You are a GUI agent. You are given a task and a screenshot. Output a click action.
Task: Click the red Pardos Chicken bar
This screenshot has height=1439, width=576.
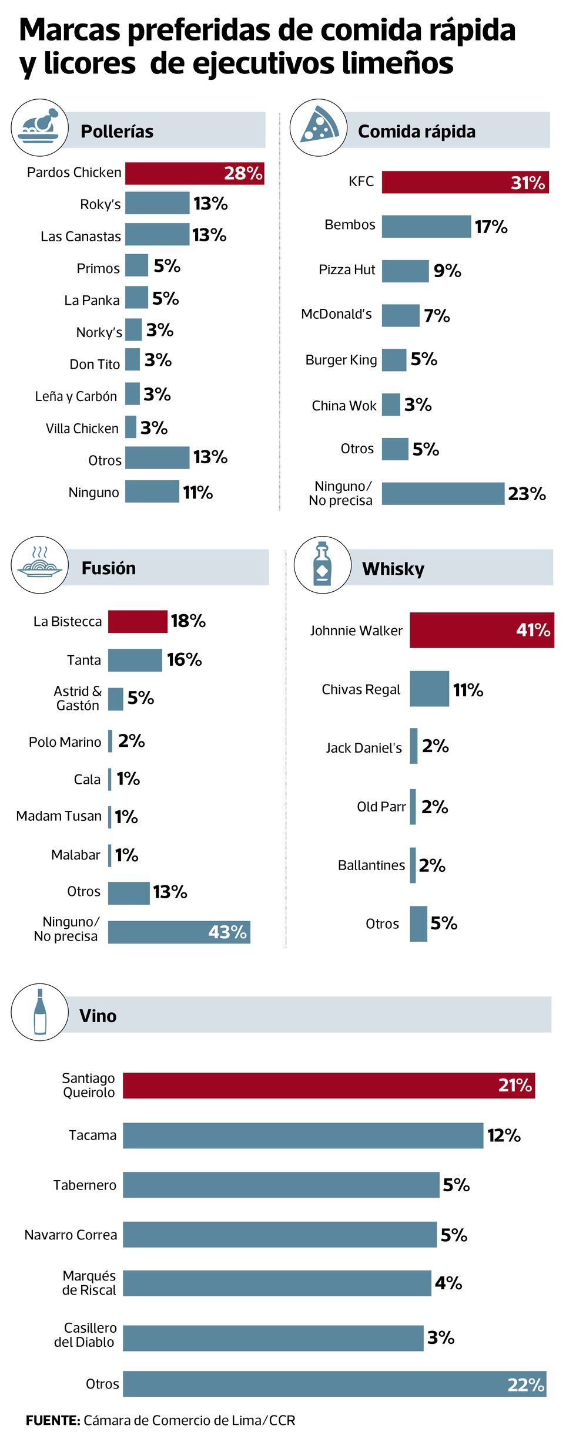pyautogui.click(x=194, y=173)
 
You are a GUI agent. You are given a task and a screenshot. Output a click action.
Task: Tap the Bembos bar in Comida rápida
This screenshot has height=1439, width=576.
pyautogui.click(x=426, y=227)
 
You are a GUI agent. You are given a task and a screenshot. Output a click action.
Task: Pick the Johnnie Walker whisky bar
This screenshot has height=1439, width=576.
pyautogui.click(x=481, y=630)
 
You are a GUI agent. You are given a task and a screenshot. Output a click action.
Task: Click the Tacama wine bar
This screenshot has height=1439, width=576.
pyautogui.click(x=303, y=1135)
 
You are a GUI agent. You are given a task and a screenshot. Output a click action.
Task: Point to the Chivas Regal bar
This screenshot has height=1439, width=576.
pyautogui.click(x=429, y=689)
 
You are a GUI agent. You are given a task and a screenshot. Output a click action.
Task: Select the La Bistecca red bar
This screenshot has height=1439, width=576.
pyautogui.click(x=138, y=621)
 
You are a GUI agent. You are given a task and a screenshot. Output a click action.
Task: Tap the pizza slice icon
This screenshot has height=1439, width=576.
pyautogui.click(x=318, y=126)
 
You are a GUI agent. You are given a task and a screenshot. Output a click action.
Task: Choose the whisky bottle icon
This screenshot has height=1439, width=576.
pyautogui.click(x=322, y=564)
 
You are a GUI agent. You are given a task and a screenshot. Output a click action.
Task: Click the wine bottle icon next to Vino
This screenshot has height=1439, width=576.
pyautogui.click(x=39, y=1012)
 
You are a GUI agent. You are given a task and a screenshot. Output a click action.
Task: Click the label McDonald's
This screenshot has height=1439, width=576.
pyautogui.click(x=336, y=314)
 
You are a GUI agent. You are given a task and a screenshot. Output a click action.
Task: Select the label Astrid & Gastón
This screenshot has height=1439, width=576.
pyautogui.click(x=78, y=698)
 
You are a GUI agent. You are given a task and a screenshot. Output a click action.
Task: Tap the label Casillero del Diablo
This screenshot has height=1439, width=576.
pyautogui.click(x=85, y=1334)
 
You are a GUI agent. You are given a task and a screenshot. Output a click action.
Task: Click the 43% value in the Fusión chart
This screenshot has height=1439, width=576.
pyautogui.click(x=227, y=932)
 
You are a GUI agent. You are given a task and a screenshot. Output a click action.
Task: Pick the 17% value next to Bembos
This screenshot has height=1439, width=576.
pyautogui.click(x=491, y=227)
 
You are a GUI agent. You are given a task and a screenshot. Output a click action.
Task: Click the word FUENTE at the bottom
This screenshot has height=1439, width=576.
pyautogui.click(x=52, y=1420)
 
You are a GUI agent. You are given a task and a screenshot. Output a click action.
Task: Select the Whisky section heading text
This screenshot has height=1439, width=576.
pyautogui.click(x=393, y=568)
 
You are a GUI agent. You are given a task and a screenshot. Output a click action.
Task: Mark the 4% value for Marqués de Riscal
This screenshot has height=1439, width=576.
pyautogui.click(x=448, y=1283)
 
